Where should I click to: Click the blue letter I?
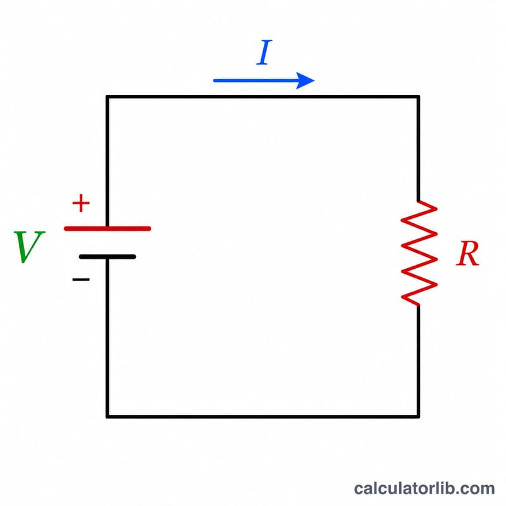tap(264, 52)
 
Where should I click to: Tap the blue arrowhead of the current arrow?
tap(304, 81)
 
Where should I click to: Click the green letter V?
tap(29, 247)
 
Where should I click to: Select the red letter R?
tap(468, 254)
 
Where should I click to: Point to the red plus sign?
tap(81, 203)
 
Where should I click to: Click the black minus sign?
tap(81, 280)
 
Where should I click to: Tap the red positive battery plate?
tap(108, 229)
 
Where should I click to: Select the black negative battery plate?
tap(108, 257)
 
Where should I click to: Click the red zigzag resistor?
tap(419, 253)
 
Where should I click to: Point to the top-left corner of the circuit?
tap(108, 97)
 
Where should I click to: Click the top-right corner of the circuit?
tap(418, 97)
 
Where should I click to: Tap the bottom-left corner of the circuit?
tap(108, 417)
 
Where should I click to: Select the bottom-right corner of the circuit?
tap(418, 417)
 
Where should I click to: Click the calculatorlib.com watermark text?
tap(424, 488)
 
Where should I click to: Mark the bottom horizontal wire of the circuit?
tap(262, 417)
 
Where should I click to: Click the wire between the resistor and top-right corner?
tap(418, 149)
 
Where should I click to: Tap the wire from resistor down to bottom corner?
tap(418, 361)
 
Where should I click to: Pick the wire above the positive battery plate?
tap(108, 161)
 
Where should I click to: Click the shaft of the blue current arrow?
tap(256, 81)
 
